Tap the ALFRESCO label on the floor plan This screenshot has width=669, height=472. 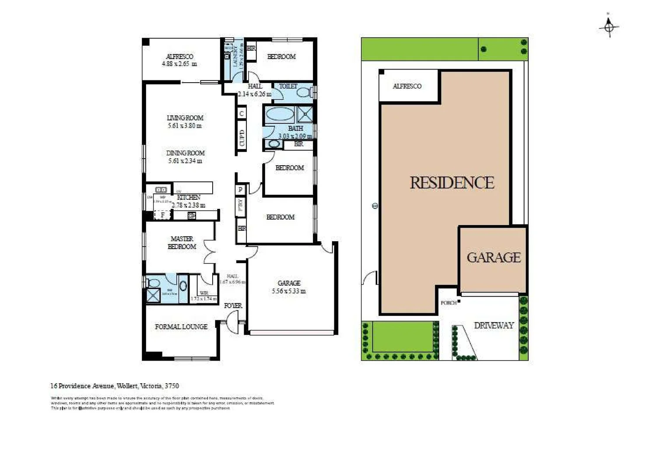point(179,56)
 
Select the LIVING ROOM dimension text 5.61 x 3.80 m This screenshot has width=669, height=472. point(185,126)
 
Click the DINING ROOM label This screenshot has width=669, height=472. point(185,153)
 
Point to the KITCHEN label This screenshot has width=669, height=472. point(189,198)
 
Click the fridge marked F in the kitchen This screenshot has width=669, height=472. point(163,215)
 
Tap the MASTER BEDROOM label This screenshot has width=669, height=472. point(182,243)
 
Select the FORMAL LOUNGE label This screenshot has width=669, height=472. point(181,326)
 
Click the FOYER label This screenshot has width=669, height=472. point(233,305)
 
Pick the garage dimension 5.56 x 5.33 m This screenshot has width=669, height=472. point(289,291)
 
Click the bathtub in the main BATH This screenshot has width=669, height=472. point(280,115)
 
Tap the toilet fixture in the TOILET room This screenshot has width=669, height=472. point(305,92)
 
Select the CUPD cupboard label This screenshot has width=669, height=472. point(242,138)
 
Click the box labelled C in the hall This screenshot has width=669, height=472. point(242,114)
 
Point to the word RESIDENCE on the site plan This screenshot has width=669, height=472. point(452,183)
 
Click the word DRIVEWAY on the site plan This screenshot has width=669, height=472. point(494,326)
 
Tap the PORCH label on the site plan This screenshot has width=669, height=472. point(448,303)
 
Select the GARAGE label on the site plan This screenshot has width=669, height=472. point(494,257)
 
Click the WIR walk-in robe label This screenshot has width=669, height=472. point(204,293)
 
